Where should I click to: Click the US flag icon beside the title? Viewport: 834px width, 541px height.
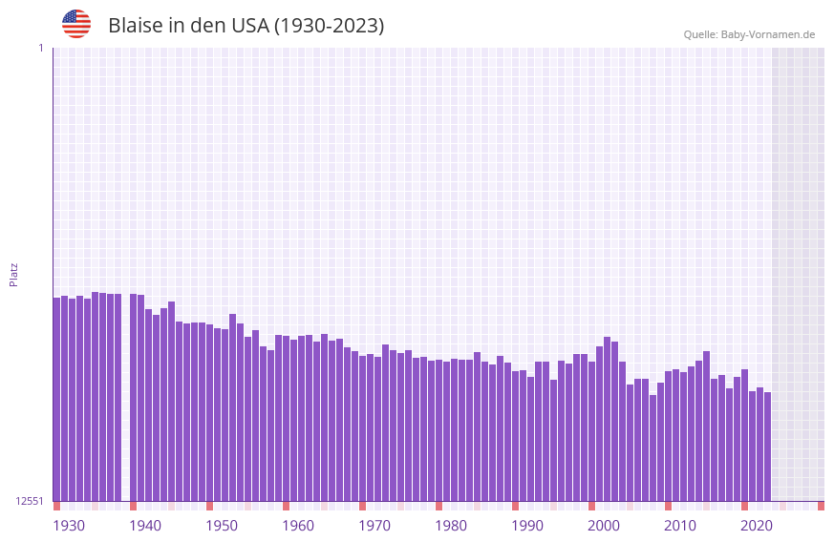pyautogui.click(x=76, y=24)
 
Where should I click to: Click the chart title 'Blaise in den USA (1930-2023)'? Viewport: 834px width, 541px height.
pyautogui.click(x=246, y=26)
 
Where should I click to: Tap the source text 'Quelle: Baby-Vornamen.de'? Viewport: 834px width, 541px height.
pyautogui.click(x=749, y=34)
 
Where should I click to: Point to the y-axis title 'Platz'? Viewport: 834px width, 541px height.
pyautogui.click(x=13, y=274)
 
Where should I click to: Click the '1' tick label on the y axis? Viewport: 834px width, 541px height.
pyautogui.click(x=40, y=48)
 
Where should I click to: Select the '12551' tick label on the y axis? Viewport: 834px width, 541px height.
pyautogui.click(x=30, y=501)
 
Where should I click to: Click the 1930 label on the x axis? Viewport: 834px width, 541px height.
pyautogui.click(x=69, y=526)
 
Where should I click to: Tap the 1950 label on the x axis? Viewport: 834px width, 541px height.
pyautogui.click(x=222, y=526)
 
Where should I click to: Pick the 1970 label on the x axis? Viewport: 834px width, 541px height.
pyautogui.click(x=374, y=526)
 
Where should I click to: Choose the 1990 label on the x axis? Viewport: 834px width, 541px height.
pyautogui.click(x=527, y=526)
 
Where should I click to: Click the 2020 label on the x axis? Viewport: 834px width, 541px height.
pyautogui.click(x=757, y=526)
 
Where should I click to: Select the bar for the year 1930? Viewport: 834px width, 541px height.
pyautogui.click(x=56, y=401)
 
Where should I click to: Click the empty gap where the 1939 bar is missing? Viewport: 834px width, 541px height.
pyautogui.click(x=125, y=401)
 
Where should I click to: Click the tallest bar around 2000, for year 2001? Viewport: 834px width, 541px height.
pyautogui.click(x=607, y=420)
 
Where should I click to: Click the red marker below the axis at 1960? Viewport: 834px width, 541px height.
pyautogui.click(x=286, y=506)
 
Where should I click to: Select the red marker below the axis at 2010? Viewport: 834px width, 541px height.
pyautogui.click(x=668, y=506)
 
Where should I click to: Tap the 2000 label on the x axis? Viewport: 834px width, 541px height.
pyautogui.click(x=604, y=526)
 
